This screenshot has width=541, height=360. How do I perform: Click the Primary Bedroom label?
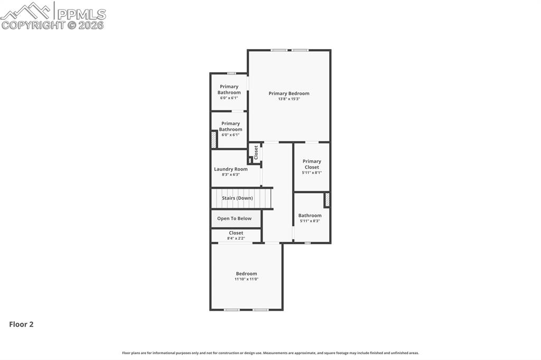point(288,93)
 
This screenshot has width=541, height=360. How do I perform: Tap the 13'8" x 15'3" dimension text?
point(288,99)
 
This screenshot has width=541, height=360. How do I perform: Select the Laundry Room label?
point(230,169)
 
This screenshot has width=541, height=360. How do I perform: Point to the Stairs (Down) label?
point(237,198)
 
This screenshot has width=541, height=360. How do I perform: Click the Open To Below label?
point(234,219)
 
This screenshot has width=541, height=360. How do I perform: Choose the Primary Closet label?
point(312,164)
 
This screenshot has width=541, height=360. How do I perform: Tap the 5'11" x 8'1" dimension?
point(312,173)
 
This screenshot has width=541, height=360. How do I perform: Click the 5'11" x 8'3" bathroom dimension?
point(310,221)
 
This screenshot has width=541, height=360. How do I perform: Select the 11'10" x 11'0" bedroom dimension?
point(246,279)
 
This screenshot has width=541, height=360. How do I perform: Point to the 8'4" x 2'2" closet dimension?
point(236,238)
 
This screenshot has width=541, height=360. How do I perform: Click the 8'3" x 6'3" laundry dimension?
point(230,175)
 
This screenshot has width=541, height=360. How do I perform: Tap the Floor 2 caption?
point(21,324)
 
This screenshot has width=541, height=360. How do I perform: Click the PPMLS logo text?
point(81,14)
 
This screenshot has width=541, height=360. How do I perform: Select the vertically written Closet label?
point(256,153)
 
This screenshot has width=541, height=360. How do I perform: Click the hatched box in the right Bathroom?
point(327,200)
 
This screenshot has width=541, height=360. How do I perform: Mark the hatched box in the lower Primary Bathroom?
point(213,139)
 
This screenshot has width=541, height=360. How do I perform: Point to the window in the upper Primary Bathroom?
point(231,73)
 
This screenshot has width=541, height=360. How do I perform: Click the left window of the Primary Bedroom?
point(279,50)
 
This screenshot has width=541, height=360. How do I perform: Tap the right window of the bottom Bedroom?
point(260,310)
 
